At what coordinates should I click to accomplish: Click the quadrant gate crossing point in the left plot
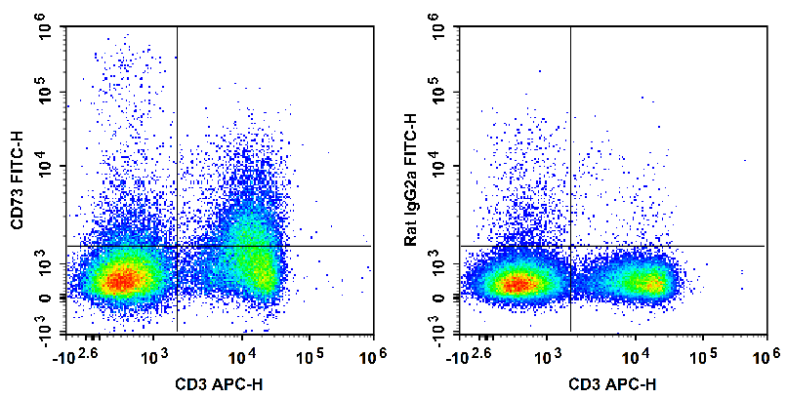tap(177, 246)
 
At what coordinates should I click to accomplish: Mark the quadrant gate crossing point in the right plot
tap(570, 246)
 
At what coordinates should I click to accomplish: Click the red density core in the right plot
tap(515, 284)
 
